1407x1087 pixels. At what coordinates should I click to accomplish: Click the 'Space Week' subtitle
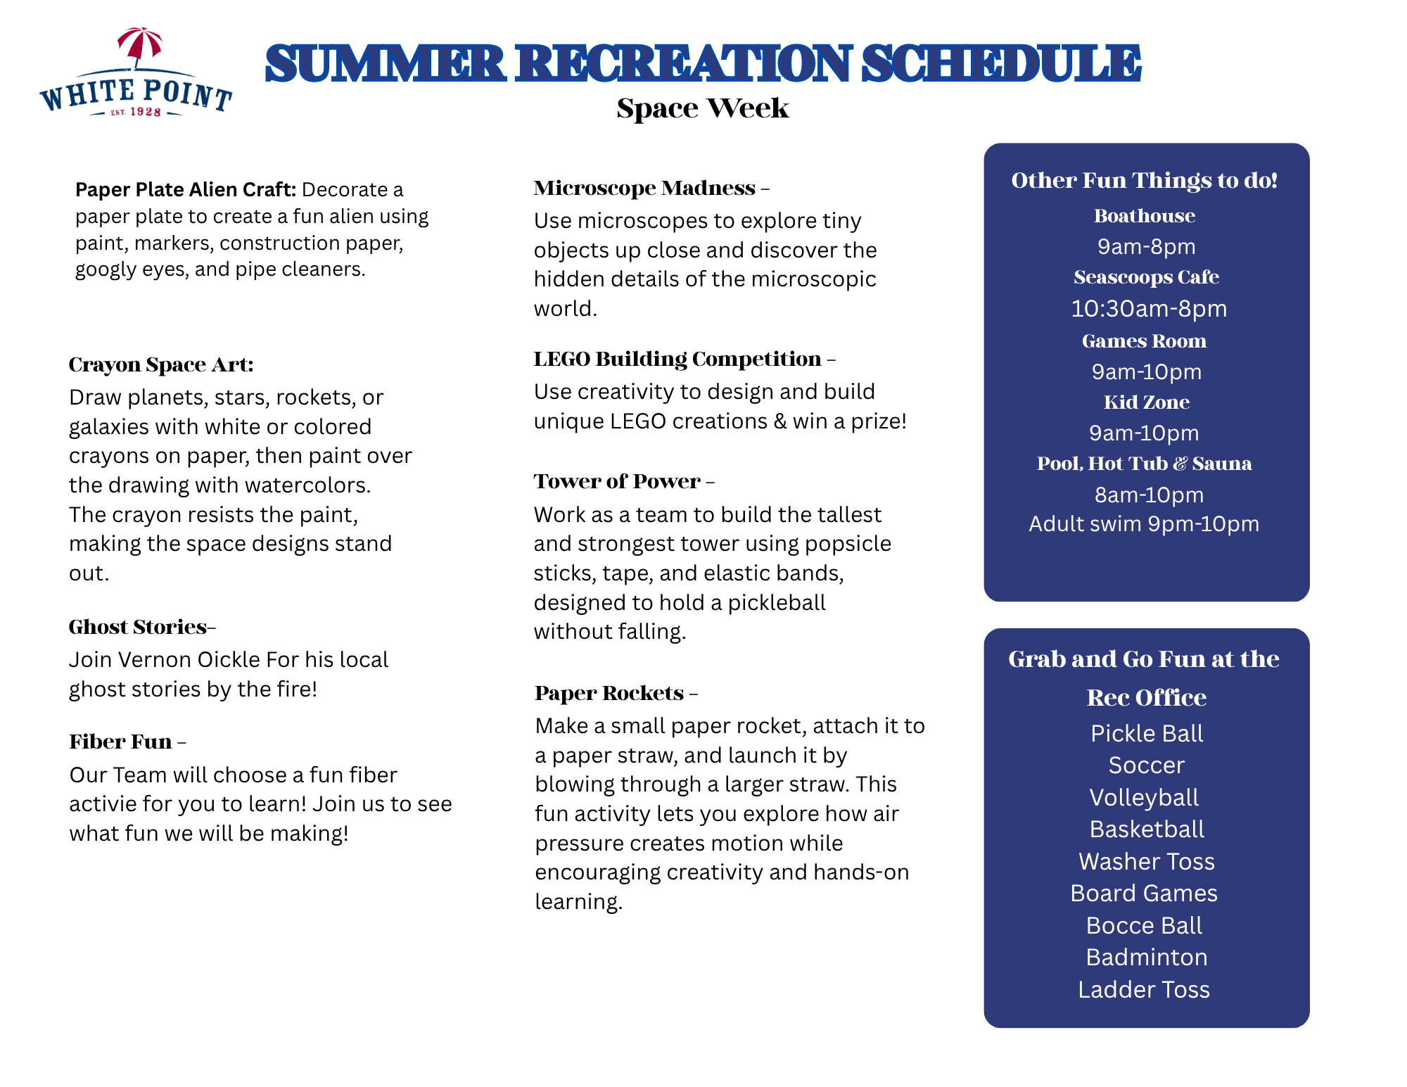point(703,108)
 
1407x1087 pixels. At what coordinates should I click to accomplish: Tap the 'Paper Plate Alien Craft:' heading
point(186,189)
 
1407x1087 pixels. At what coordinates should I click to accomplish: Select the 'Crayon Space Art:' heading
point(161,364)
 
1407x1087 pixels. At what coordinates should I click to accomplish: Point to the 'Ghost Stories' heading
point(138,627)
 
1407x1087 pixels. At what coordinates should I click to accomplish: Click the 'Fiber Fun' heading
point(120,742)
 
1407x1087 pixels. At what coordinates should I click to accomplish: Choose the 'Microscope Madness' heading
point(644,188)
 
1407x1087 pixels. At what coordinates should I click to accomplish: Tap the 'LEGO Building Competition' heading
point(677,359)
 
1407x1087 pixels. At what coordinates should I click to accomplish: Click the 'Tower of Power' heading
point(617,481)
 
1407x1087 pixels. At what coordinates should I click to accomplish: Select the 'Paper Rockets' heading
point(609,693)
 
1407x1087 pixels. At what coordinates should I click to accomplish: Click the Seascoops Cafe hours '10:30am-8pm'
point(1149,309)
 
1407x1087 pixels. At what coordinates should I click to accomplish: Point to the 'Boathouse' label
point(1145,216)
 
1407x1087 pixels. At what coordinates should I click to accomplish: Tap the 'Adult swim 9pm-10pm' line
point(1144,524)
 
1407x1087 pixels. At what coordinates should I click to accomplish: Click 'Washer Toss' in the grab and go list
point(1147,862)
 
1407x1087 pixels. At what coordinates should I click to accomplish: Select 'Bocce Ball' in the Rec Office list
point(1145,926)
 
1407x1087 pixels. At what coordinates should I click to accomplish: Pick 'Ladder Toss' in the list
point(1144,990)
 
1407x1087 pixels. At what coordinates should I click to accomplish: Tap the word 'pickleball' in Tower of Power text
point(777,603)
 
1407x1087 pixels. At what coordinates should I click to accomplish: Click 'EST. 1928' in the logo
point(136,112)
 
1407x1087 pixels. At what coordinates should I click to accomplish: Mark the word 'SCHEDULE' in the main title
point(1001,63)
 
